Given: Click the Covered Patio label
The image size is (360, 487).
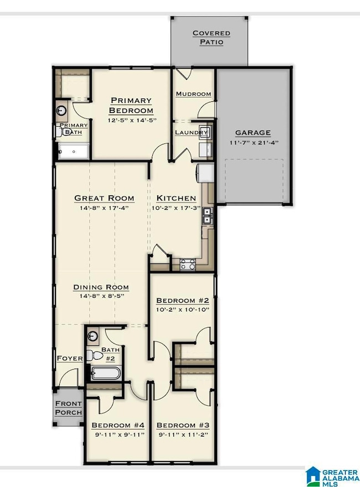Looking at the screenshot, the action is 212,38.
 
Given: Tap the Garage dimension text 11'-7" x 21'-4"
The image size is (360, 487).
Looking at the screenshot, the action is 254,143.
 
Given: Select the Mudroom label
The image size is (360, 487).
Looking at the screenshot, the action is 193,94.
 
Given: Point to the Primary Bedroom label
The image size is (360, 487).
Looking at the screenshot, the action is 131,105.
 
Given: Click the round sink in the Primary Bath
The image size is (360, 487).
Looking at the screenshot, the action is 61,111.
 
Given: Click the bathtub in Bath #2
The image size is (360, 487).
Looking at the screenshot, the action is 105,372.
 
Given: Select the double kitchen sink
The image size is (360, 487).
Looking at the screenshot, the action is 207,216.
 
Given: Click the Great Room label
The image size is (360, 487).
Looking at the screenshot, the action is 104,198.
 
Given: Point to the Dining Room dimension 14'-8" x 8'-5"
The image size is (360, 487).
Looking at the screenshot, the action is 102,296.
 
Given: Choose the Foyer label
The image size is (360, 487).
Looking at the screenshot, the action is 70,359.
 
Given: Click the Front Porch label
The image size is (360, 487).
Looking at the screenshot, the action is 68,408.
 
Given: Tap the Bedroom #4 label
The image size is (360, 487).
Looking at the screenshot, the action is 118,425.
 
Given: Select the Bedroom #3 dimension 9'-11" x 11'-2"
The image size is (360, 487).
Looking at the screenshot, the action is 183,435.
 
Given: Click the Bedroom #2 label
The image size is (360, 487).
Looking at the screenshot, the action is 182,301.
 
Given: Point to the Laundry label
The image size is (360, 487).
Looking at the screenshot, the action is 191,133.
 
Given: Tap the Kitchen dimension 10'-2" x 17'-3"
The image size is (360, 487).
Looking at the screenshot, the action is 176,208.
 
